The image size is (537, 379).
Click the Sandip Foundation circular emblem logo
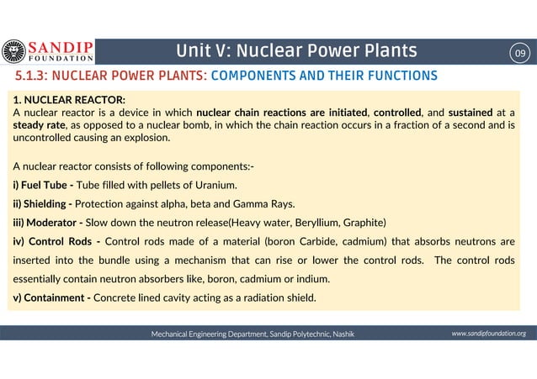[x=14, y=52]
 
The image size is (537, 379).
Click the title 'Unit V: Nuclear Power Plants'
[x=296, y=52]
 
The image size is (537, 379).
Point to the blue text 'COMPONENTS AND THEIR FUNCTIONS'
[x=323, y=76]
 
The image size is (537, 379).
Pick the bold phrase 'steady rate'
[x=39, y=124]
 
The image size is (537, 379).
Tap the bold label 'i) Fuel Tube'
[x=41, y=185]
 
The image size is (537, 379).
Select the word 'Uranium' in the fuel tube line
[x=214, y=185]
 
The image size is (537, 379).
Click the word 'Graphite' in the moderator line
[x=363, y=223]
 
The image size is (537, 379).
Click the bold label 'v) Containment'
[x=51, y=297]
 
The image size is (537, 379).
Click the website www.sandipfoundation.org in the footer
[x=488, y=334]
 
